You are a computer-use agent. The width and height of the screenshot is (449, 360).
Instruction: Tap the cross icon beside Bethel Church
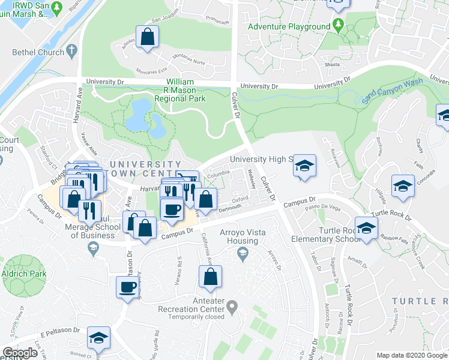71,50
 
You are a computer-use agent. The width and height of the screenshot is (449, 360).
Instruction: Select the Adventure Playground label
289,27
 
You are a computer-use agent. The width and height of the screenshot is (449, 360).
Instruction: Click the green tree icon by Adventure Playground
338,25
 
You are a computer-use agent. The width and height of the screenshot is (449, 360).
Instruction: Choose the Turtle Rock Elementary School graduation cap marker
366,227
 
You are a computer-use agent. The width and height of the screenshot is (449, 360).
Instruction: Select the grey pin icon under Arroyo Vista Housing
242,254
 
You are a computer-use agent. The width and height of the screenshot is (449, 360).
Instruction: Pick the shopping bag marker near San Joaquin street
147,37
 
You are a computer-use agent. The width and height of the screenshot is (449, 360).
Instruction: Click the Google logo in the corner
20,353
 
